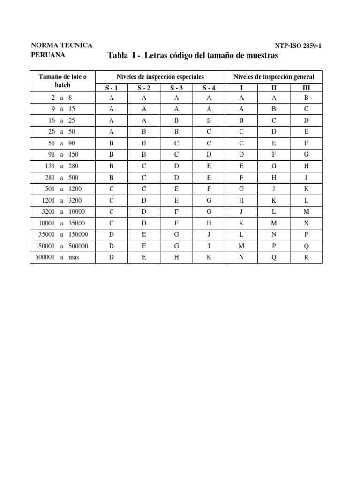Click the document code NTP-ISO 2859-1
coord(298,46)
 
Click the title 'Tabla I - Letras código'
coord(193,56)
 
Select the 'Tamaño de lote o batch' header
coord(62,81)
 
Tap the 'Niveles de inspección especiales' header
coord(160,76)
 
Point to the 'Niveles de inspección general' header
coord(274,76)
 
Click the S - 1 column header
coord(111,88)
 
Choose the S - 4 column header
coord(209,88)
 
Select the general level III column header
coord(306,88)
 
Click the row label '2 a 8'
coord(62,98)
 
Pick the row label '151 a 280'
coord(62,166)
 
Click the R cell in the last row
coord(306,257)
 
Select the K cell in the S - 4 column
coord(209,257)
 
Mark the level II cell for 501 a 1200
coord(274,189)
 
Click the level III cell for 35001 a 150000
coord(306,234)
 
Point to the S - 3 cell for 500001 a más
coord(176,257)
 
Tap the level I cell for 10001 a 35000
coord(241,223)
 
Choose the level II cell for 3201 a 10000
coord(274,212)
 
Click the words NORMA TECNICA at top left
coord(61,45)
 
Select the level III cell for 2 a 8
coord(306,98)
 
